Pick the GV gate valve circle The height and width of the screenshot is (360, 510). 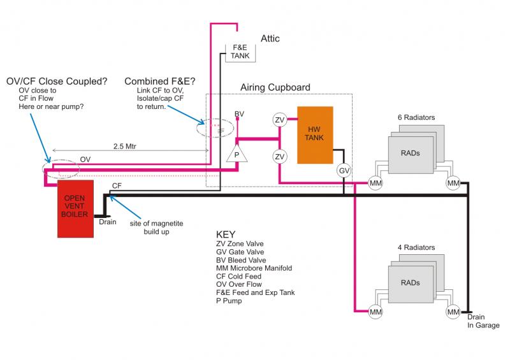coord(344,171)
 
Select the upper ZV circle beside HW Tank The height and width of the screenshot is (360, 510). coord(279,120)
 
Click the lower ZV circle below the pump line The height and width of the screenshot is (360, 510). coord(279,157)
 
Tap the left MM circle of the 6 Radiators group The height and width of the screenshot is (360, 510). coord(376,184)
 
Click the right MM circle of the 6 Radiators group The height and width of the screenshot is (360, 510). coord(453,184)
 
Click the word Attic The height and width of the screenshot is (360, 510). coord(270,39)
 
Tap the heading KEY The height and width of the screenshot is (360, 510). coord(227,234)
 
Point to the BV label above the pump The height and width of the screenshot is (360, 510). coord(239,113)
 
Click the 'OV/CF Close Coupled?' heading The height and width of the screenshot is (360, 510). coord(56,82)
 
